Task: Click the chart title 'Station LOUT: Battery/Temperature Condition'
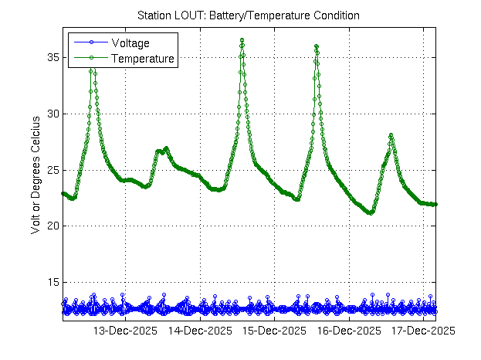point(248,15)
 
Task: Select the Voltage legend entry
point(130,42)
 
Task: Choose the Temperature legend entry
point(142,58)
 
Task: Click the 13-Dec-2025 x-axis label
point(125,331)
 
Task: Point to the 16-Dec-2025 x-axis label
point(349,331)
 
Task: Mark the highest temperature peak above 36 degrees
point(242,39)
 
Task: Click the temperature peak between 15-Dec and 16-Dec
point(316,46)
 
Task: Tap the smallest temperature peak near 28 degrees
point(391,135)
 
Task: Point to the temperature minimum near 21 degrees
point(371,212)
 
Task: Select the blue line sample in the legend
point(90,42)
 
